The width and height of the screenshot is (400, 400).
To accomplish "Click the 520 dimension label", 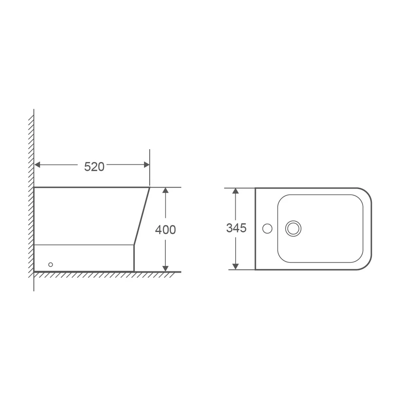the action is point(94,167).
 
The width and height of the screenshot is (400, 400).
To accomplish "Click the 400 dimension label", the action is point(165,230).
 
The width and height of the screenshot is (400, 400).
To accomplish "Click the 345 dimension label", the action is point(236,228).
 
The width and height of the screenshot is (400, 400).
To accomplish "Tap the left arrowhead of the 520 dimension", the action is point(37,165).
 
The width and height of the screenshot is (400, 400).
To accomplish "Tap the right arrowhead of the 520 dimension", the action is point(147,165).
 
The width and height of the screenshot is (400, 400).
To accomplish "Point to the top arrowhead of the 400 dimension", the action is point(165,190).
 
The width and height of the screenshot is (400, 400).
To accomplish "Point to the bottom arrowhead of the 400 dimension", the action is point(165,269).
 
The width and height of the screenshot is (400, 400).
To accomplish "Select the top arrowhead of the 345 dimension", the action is point(236,191).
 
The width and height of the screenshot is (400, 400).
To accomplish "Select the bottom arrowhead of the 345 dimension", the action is point(236,266).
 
